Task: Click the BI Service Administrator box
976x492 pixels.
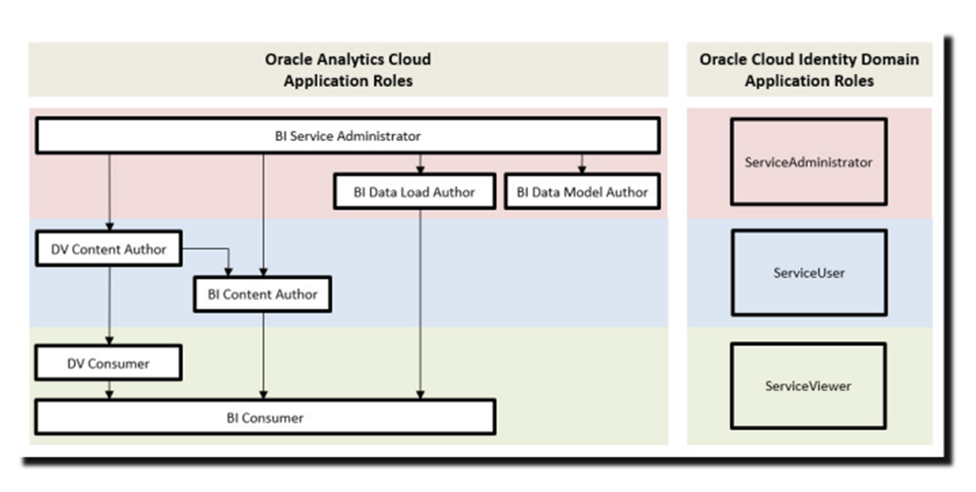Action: (x=347, y=136)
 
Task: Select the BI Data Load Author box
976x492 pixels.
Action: (x=414, y=192)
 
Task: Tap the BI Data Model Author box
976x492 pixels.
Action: (x=582, y=192)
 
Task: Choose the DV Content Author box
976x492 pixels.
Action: (x=109, y=248)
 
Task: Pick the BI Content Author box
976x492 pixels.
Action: (x=262, y=294)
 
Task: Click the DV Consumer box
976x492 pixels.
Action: (x=108, y=363)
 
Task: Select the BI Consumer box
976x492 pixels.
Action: (x=265, y=418)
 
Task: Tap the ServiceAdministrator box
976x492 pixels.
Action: (x=808, y=162)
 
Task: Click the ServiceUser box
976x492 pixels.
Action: (x=809, y=272)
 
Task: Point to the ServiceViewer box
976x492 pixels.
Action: (x=808, y=386)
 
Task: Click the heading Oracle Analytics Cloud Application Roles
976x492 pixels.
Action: (x=348, y=70)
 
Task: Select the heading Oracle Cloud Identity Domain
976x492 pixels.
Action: (x=809, y=60)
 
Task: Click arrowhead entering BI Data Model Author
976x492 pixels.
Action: (x=582, y=169)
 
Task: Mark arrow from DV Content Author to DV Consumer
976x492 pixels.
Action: (x=109, y=305)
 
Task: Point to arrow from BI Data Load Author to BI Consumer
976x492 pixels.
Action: (x=420, y=305)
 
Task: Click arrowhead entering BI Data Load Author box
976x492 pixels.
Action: (x=420, y=169)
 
